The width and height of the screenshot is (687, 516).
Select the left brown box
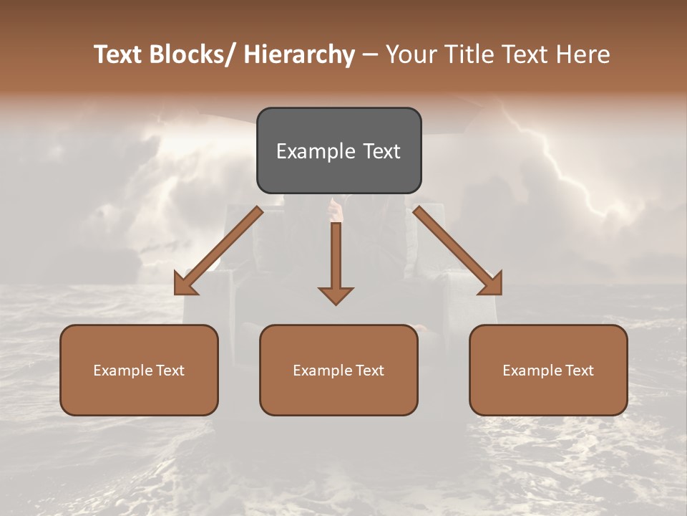pyautogui.click(x=139, y=370)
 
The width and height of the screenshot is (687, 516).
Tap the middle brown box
pyautogui.click(x=338, y=370)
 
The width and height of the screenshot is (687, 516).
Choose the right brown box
pyautogui.click(x=548, y=370)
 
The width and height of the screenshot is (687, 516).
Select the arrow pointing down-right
pyautogui.click(x=458, y=251)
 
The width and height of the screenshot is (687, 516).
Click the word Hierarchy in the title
pyautogui.click(x=299, y=54)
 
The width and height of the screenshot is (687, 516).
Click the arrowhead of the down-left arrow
pyautogui.click(x=185, y=283)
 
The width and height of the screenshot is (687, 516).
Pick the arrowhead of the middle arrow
pyautogui.click(x=336, y=295)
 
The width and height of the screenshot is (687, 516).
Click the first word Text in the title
pyautogui.click(x=118, y=54)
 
